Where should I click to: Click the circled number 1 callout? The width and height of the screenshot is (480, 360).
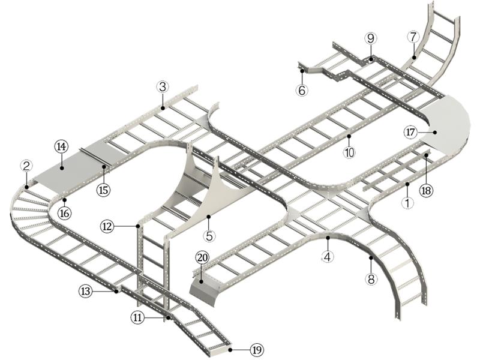pos(407,202)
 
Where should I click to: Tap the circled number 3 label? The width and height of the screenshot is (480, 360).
pos(163,87)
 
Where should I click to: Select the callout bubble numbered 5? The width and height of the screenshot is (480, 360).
pos(209,236)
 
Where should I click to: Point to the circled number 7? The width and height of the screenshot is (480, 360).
pos(413,37)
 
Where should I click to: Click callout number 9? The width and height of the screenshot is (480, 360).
pos(370,38)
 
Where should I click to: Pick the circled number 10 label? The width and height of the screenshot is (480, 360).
pos(349,152)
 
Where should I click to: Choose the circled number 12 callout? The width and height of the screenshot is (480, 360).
pos(107,227)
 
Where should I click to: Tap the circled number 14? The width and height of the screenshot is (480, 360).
pos(62,146)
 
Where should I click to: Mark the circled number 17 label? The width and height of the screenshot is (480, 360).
pos(410,133)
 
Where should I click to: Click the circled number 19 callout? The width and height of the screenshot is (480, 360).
pos(257,349)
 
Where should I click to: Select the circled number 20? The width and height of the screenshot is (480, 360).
pos(202,258)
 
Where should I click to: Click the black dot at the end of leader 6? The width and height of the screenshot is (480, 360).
pos(302,71)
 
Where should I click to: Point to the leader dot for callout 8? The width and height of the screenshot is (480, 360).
pos(371,258)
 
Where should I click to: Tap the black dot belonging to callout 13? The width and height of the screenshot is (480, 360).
pos(116,292)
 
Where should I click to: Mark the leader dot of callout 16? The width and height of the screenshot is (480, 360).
pos(65,200)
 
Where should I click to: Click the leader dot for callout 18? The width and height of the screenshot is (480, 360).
pos(426,155)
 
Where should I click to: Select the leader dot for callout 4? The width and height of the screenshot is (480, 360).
pos(328,238)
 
